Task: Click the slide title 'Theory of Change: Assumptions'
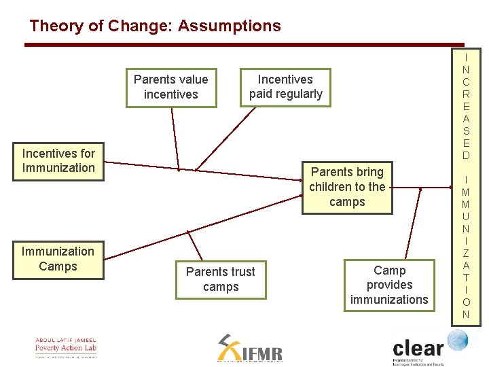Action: pyautogui.click(x=155, y=27)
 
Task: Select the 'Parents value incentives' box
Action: pyautogui.click(x=171, y=87)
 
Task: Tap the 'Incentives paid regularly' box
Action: pyautogui.click(x=285, y=87)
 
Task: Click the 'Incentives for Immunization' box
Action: pyautogui.click(x=58, y=161)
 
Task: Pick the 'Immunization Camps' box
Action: pyautogui.click(x=58, y=259)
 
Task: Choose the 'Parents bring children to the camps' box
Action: pyautogui.click(x=347, y=187)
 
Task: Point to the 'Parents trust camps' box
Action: pyautogui.click(x=221, y=279)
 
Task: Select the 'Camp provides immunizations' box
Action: pyautogui.click(x=389, y=285)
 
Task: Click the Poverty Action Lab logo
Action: pyautogui.click(x=66, y=347)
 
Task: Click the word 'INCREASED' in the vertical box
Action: pyautogui.click(x=466, y=106)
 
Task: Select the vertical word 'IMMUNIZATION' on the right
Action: pyautogui.click(x=466, y=247)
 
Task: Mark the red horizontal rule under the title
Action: pyautogui.click(x=244, y=45)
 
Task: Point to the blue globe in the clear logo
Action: pyautogui.click(x=456, y=340)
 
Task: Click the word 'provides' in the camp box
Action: pyautogui.click(x=389, y=285)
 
